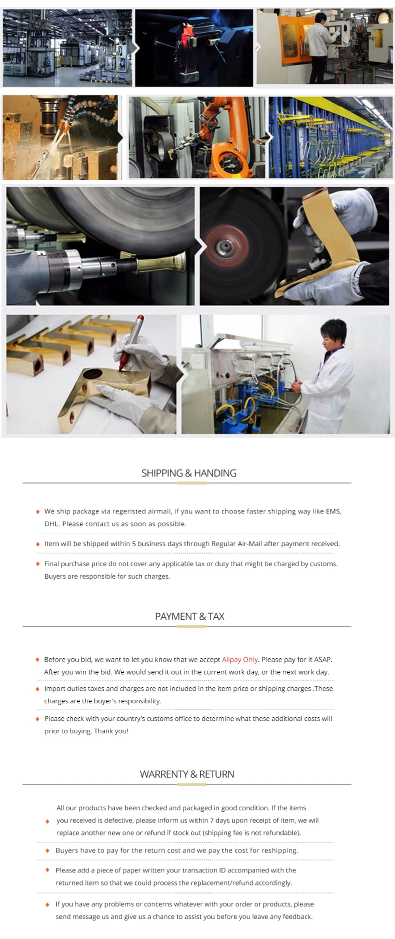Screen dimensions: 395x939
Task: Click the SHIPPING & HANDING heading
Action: click(x=189, y=473)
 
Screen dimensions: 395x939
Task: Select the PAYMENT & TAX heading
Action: click(x=189, y=616)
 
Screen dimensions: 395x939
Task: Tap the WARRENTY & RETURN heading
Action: click(x=187, y=774)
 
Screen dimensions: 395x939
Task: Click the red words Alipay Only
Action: click(x=240, y=659)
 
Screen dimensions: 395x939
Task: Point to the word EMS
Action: click(x=333, y=511)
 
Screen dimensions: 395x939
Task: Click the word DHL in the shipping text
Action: click(x=51, y=524)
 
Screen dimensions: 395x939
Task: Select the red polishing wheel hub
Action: click(x=223, y=246)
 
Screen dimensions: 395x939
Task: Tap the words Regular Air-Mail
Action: click(x=237, y=544)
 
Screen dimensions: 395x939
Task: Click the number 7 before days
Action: click(x=211, y=820)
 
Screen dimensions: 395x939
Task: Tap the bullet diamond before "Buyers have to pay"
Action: click(x=47, y=850)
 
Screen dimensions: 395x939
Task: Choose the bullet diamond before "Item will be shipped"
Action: click(x=37, y=544)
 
